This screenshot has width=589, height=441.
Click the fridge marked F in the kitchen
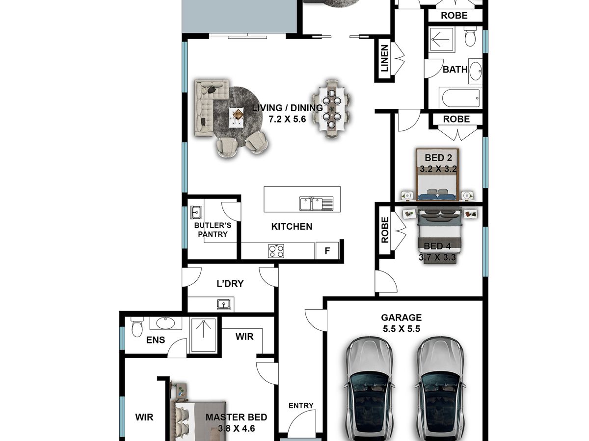pos(327,250)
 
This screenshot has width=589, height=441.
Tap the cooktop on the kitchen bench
pos(276,251)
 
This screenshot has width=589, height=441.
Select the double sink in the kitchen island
pos(316,203)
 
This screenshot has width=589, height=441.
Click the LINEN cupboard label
pos(384,58)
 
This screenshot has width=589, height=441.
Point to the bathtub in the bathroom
pos(460,98)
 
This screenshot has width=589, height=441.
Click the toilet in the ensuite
pos(137,327)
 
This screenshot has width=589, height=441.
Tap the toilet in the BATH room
pos(470,36)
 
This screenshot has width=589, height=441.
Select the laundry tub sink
pos(223,304)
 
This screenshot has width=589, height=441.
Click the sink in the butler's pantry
pos(196,213)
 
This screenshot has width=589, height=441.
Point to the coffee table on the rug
pos(237,118)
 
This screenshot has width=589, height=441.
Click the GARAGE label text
pos(401,318)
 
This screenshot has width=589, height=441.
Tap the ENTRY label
pos(301,406)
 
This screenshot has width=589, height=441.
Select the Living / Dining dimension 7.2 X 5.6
pos(288,119)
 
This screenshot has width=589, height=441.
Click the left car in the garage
pos(369,388)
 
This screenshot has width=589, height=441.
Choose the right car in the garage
pos(441,388)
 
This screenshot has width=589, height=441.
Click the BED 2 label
pos(438,158)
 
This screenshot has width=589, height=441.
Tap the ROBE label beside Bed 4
pos(385,230)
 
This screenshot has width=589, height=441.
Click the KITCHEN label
pos(292,226)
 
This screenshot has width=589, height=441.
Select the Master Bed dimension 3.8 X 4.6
pos(237,428)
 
